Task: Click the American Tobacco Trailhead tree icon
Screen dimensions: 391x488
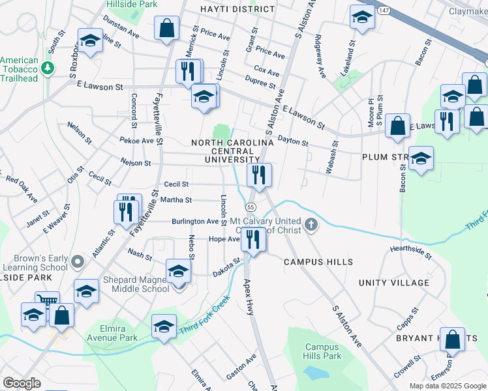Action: click(x=47, y=68)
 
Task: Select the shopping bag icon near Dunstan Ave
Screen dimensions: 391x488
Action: click(x=166, y=29)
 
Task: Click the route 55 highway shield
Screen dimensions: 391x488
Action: click(x=251, y=206)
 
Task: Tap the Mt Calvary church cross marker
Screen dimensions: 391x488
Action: click(x=313, y=225)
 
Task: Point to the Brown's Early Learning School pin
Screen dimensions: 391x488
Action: click(x=78, y=262)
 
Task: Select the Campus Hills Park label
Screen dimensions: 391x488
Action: click(x=322, y=352)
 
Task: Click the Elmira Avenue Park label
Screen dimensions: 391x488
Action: click(x=110, y=333)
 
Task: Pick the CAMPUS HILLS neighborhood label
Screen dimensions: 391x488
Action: click(x=318, y=262)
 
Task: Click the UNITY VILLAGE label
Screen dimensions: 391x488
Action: click(x=394, y=283)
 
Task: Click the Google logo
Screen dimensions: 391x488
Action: click(x=22, y=383)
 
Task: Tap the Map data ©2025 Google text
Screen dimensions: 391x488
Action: click(x=447, y=386)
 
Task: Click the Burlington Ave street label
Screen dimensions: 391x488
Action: click(x=194, y=222)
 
